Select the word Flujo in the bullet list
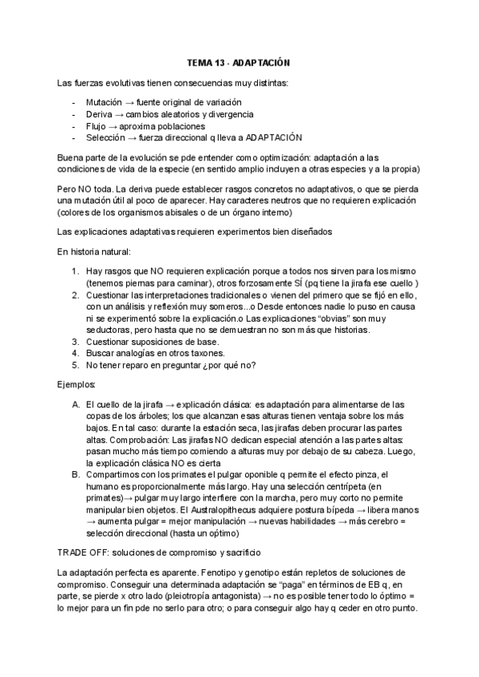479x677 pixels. [97, 125]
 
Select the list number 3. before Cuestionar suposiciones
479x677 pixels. [76, 341]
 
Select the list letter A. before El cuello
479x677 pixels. [76, 404]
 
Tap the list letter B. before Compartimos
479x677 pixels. [76, 475]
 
